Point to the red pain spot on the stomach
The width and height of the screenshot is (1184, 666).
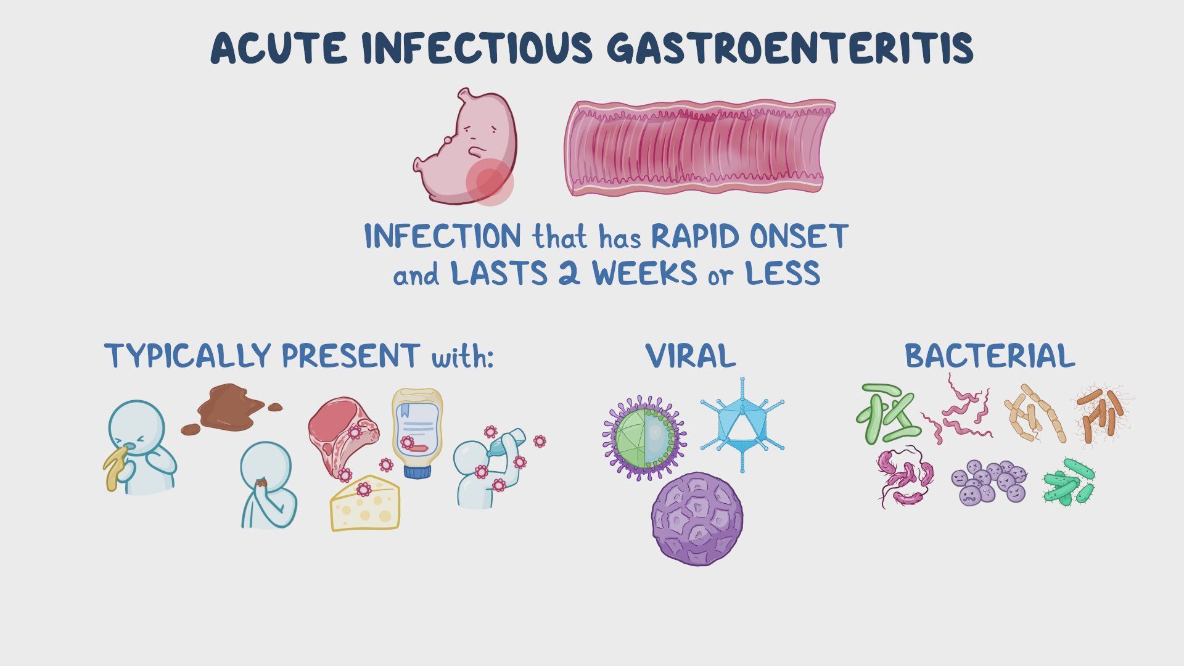(x=490, y=182)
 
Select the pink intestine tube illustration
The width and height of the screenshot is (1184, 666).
(x=700, y=148)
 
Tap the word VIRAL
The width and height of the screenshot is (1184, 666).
(x=691, y=356)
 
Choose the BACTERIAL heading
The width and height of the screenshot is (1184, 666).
(x=989, y=356)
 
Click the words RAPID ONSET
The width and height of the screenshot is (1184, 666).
(x=749, y=236)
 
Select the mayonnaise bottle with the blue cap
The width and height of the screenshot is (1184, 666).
(x=417, y=432)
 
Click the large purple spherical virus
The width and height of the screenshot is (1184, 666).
(x=697, y=519)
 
